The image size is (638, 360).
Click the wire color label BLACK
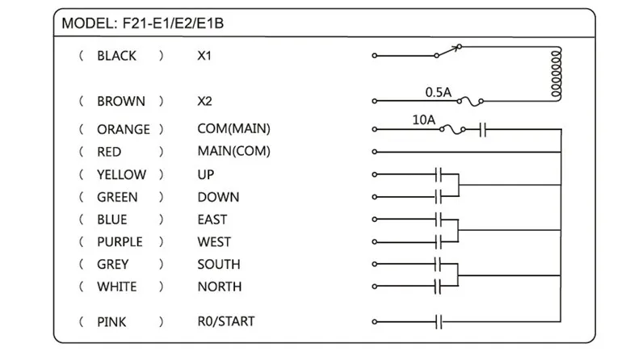[x=116, y=57]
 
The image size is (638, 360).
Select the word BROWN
[x=120, y=102]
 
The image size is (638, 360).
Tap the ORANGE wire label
[x=123, y=129]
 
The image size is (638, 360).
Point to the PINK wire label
[x=111, y=322]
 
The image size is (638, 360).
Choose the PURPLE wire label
[x=120, y=241]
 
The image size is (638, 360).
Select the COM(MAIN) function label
[x=233, y=129]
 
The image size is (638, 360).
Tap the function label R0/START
[x=225, y=322]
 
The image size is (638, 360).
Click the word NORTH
[x=219, y=287]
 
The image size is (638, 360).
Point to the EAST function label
[x=212, y=220]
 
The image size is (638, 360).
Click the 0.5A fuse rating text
[x=439, y=92]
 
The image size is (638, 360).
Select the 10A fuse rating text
[x=423, y=119]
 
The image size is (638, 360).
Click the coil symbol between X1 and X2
[x=556, y=75]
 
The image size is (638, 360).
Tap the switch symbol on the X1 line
[x=450, y=53]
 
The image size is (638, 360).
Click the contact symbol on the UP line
[x=440, y=174]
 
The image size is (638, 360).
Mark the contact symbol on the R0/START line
[x=440, y=322]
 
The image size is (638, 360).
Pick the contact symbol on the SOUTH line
[x=440, y=264]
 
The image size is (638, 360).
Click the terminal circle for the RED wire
[x=374, y=152]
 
